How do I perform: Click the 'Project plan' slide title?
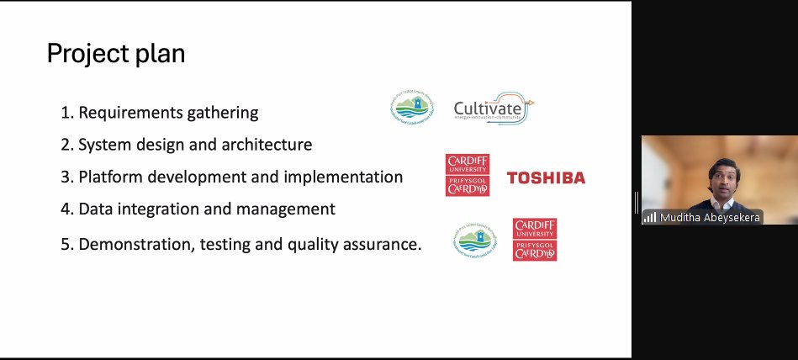coord(115,55)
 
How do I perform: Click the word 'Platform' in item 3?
coord(109,177)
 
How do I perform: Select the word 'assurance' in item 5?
coord(383,245)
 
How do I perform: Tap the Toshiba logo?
coord(546,177)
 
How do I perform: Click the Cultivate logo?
coord(494,109)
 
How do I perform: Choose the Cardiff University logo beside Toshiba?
coord(468,175)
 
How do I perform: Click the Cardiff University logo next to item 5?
coord(535,239)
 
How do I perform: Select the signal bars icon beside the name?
coord(649,217)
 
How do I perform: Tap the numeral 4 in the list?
coord(66,209)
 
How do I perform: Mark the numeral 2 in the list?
coord(66,145)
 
